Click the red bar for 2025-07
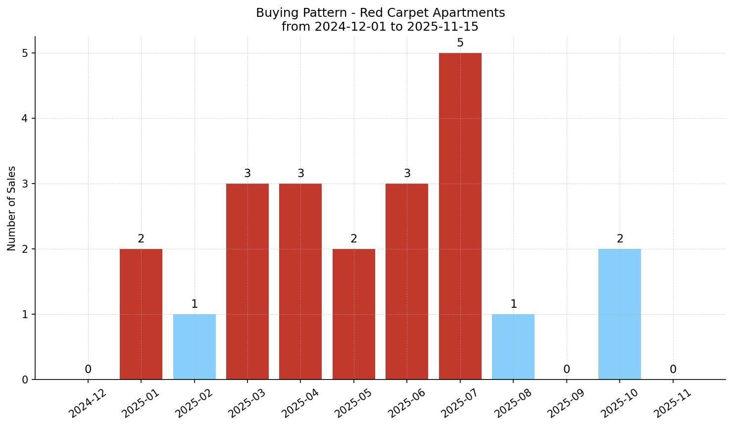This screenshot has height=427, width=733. click(x=460, y=216)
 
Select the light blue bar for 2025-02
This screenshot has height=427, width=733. click(x=195, y=346)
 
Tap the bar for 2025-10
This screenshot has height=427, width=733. click(x=620, y=314)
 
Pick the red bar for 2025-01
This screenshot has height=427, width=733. click(x=141, y=314)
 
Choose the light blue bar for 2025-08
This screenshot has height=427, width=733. click(x=513, y=346)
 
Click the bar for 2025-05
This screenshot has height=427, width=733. click(x=354, y=314)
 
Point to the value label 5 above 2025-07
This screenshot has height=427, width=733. click(x=460, y=43)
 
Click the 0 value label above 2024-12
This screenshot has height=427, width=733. click(x=88, y=370)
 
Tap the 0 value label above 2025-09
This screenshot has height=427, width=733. click(x=567, y=370)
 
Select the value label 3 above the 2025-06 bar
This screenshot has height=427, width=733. click(x=407, y=174)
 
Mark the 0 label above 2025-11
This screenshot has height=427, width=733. click(x=673, y=370)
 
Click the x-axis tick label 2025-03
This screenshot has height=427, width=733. click(x=246, y=404)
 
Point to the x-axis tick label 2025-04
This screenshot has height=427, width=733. click(x=300, y=404)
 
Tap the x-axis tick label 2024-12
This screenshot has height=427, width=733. click(x=87, y=404)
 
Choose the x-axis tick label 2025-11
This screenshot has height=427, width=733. click(x=672, y=404)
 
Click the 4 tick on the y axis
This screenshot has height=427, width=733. click(x=25, y=119)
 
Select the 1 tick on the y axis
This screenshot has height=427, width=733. click(x=25, y=315)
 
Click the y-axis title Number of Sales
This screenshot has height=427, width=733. click(x=12, y=208)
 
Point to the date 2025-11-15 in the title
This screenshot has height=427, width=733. click(x=442, y=27)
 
